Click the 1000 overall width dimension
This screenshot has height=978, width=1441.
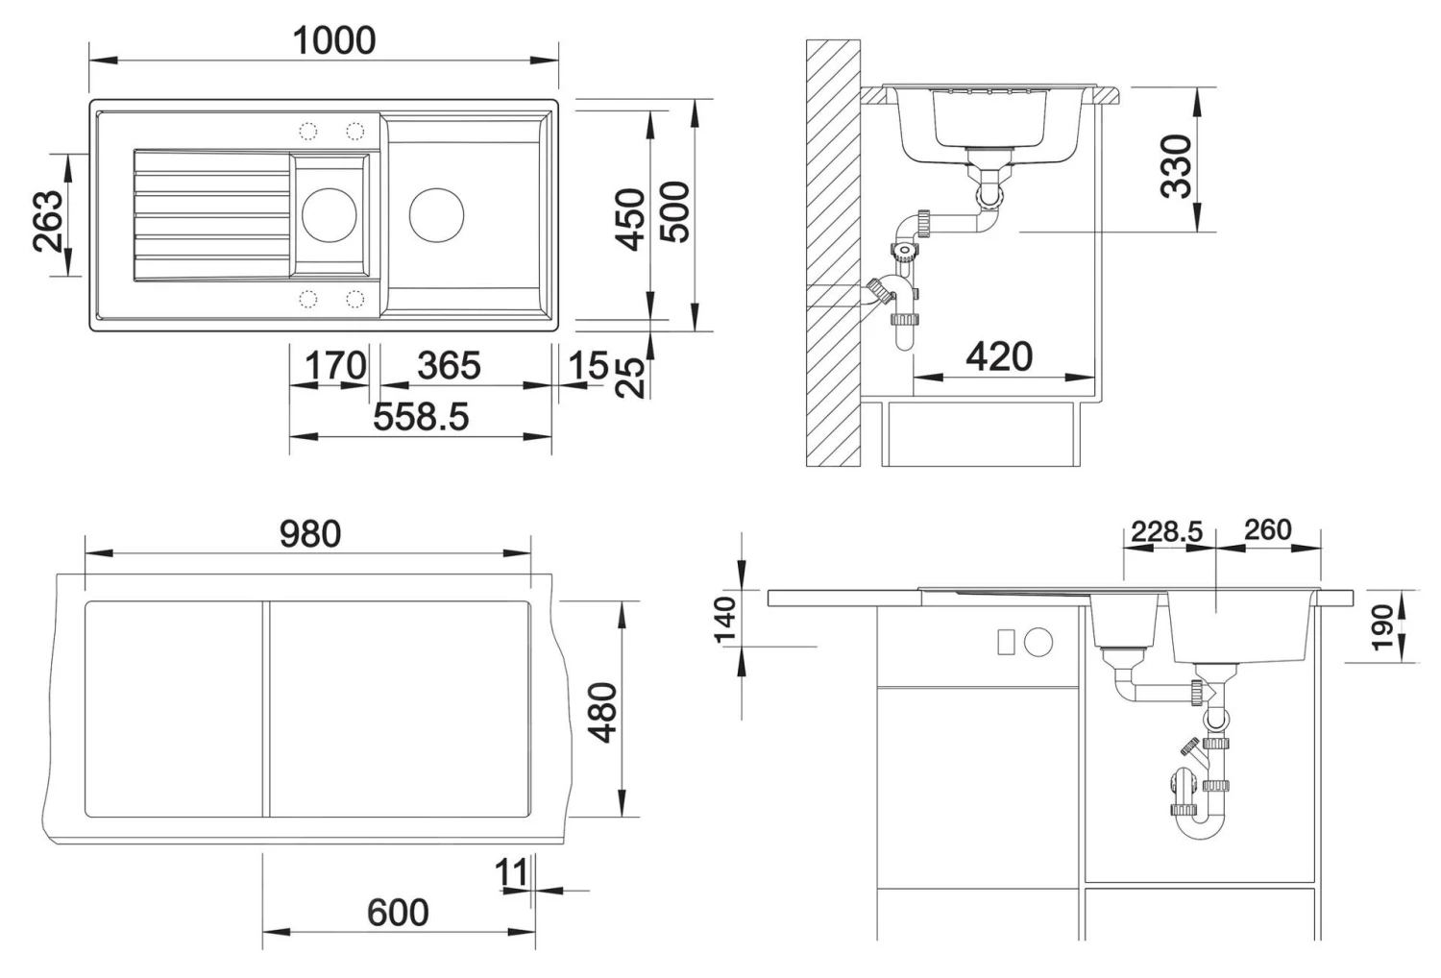coord(334,40)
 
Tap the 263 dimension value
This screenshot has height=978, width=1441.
coord(50,221)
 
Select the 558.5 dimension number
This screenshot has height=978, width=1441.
coord(421,416)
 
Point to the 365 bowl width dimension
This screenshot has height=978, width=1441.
coord(449,365)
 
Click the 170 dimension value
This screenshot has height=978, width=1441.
coord(335,365)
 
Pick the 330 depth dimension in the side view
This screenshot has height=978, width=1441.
coord(1176,166)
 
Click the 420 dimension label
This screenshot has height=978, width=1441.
coord(999,355)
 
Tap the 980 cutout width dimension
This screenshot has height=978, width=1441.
coord(310,534)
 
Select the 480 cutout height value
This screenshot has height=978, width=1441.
coord(603,712)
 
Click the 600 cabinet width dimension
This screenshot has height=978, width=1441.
coord(398,913)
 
